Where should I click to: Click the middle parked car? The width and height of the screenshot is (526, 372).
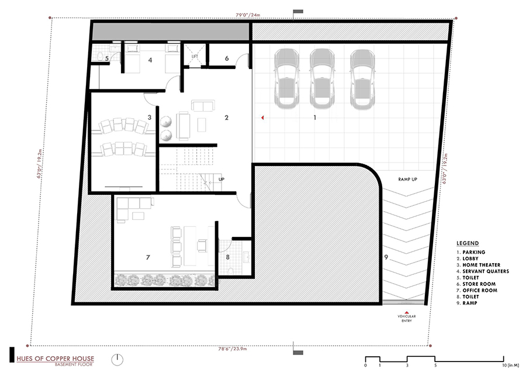[322, 78]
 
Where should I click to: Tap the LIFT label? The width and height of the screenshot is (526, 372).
[195, 57]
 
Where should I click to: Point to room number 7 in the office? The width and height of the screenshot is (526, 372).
[148, 257]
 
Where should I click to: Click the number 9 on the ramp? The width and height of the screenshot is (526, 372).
[386, 257]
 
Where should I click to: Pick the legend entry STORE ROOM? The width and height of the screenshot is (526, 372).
[479, 284]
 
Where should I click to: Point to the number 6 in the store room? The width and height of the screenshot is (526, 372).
[227, 57]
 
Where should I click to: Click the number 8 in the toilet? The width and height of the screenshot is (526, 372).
[227, 257]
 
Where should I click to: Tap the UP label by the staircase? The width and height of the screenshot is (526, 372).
[222, 180]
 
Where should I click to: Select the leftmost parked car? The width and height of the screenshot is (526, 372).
[286, 78]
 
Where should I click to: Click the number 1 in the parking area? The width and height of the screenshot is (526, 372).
[315, 118]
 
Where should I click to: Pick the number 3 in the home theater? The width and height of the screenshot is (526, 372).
[150, 118]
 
